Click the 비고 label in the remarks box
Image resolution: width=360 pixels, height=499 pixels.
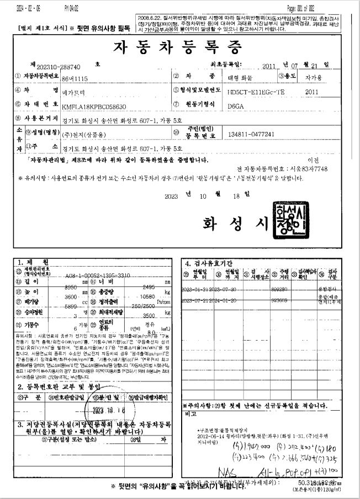(x=192, y=413)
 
